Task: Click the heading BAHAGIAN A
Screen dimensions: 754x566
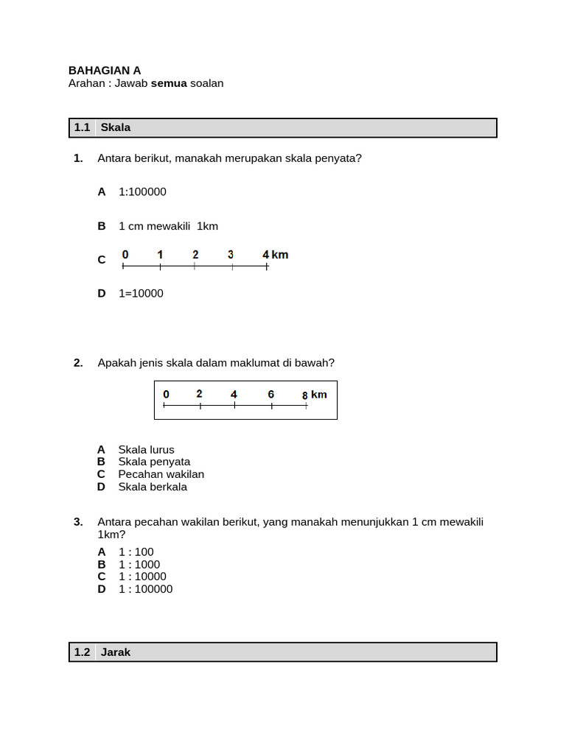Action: (105, 71)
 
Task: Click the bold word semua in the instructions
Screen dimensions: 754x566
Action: (169, 83)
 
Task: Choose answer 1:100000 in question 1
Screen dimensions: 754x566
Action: (142, 191)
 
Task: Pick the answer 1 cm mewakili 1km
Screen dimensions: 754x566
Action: (168, 226)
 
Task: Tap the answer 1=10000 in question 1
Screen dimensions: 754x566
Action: (141, 293)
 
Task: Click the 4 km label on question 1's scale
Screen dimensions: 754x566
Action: (275, 255)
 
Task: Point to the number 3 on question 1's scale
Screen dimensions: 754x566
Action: (231, 255)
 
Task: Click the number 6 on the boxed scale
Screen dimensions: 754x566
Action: (271, 395)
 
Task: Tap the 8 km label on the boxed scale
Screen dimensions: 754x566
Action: (315, 395)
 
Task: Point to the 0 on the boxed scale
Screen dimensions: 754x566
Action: (166, 395)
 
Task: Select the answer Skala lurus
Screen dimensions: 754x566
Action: (146, 449)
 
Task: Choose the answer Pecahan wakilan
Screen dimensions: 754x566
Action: (161, 474)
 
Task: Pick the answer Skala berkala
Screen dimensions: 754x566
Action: (153, 487)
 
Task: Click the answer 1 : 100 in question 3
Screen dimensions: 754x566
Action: (136, 552)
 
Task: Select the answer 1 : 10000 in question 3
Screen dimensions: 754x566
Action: (142, 577)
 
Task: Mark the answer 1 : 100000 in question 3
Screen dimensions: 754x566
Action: (145, 589)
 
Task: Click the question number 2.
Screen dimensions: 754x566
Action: (77, 362)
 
